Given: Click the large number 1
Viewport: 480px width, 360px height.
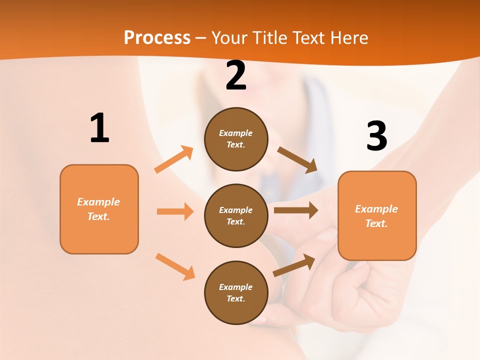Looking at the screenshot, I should tap(99, 128).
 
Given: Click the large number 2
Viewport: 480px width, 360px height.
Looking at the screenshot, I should tap(236, 76).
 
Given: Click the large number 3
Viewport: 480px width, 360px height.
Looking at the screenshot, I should tap(376, 136).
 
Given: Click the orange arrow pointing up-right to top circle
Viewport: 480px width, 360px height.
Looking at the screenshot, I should tap(174, 159).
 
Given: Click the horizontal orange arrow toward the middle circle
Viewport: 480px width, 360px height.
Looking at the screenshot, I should tap(175, 211).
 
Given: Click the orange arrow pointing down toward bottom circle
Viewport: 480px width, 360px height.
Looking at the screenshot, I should tap(175, 266).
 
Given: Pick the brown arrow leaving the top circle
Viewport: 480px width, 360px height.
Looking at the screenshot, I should tap(297, 160).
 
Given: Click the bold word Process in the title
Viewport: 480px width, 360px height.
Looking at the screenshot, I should tap(157, 37).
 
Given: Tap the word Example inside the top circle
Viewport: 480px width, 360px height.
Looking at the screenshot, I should tap(236, 133).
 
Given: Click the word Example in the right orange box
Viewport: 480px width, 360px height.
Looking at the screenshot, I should tap(376, 209).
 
